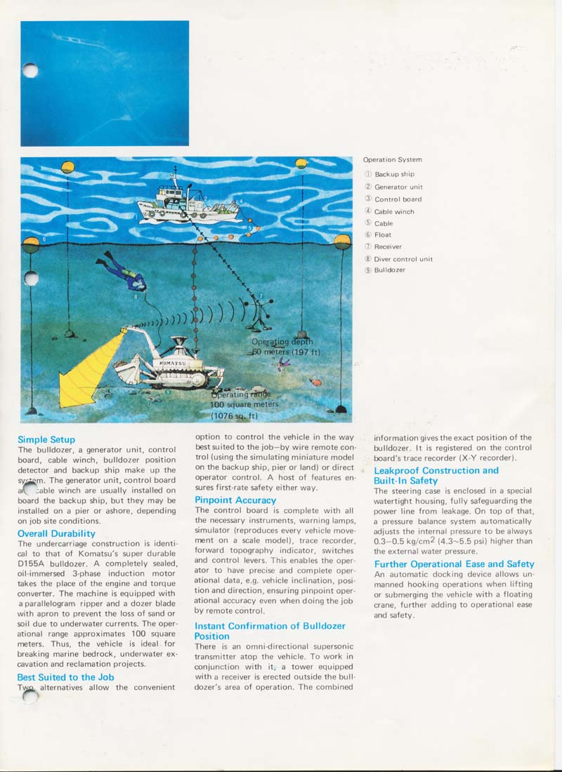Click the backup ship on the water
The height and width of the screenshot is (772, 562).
(185, 202)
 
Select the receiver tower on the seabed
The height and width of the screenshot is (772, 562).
(261, 312)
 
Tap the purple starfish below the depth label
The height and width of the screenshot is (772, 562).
(284, 363)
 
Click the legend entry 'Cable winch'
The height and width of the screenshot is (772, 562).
(394, 211)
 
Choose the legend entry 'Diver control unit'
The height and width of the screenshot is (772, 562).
(403, 259)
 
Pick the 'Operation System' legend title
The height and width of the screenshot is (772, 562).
(393, 160)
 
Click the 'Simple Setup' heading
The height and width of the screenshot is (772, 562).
(46, 440)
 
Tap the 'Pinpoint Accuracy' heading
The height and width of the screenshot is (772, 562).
(235, 500)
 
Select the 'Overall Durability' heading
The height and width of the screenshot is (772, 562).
(56, 533)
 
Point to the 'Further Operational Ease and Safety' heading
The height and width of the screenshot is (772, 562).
(454, 564)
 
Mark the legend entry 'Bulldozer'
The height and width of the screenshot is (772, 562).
(390, 270)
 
